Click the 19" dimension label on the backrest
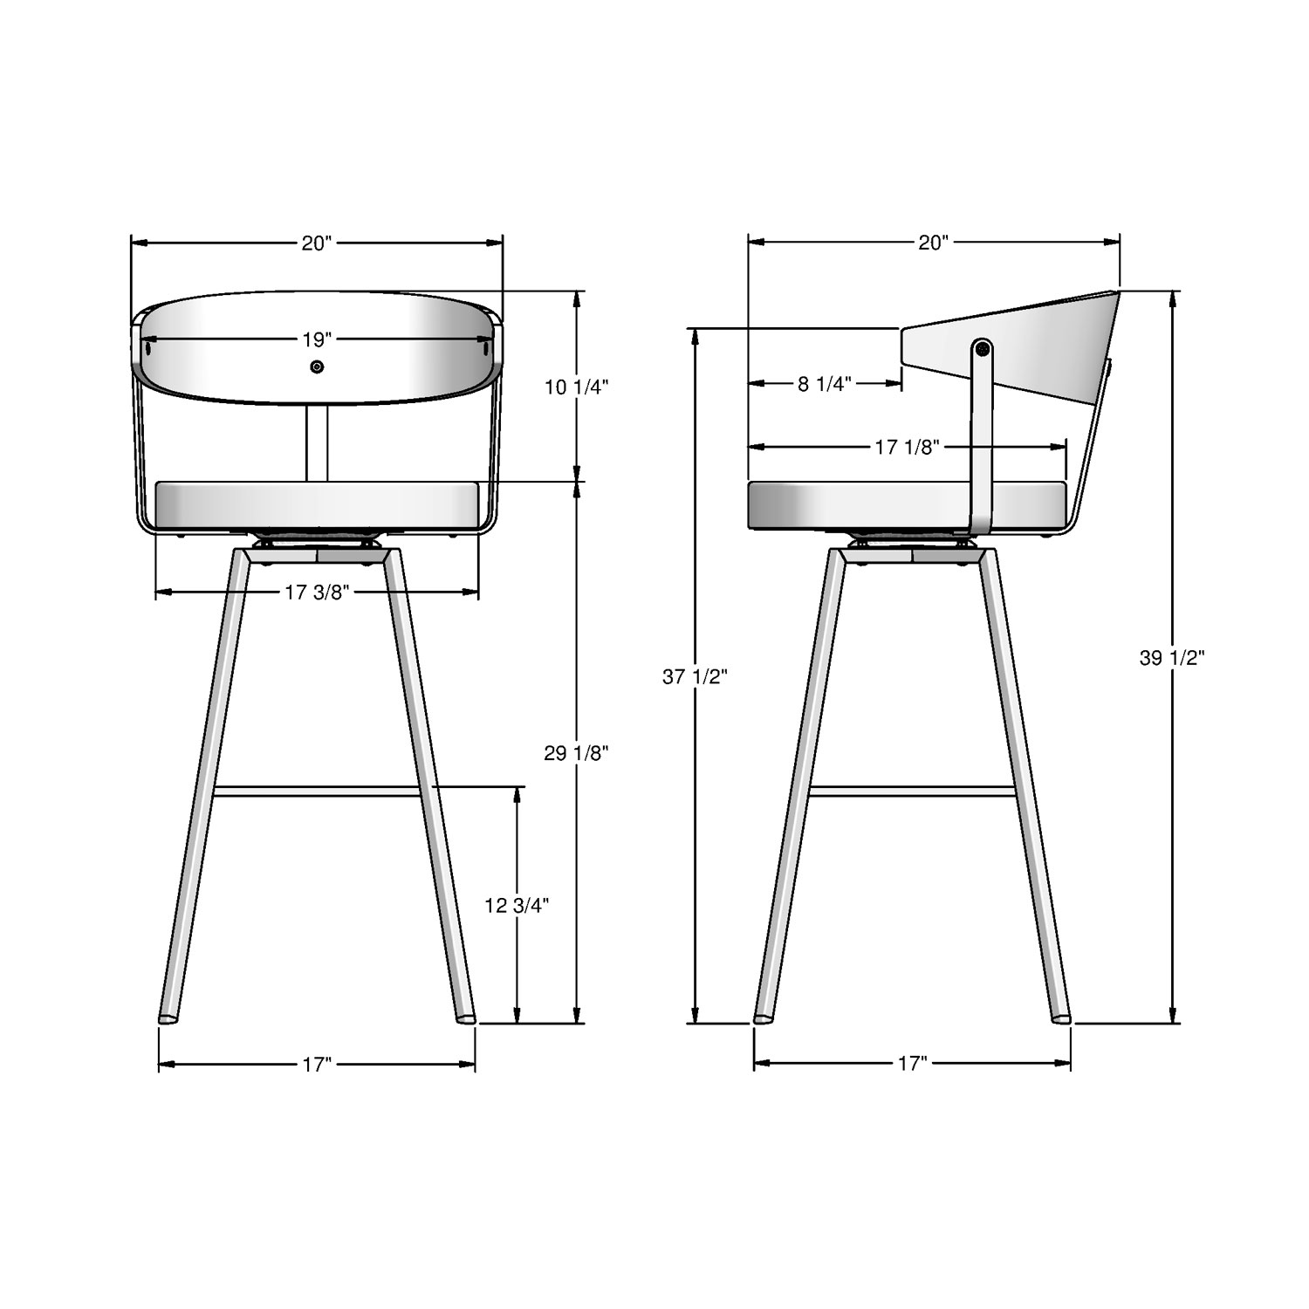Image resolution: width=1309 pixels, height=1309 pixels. tap(318, 339)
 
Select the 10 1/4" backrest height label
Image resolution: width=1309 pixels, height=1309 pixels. tap(577, 387)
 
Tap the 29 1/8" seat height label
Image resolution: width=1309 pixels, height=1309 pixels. tap(576, 753)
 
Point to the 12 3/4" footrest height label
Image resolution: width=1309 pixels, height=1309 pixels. tap(517, 906)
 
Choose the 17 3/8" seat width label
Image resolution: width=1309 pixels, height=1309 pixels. tap(318, 593)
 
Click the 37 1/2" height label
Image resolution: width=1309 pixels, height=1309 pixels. tap(695, 676)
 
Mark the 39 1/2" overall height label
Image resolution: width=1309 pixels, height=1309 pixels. tap(1172, 658)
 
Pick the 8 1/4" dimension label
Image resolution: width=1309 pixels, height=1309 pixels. tap(824, 384)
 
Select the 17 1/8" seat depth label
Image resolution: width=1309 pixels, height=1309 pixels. tap(907, 448)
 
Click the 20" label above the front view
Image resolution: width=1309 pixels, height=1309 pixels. tap(318, 243)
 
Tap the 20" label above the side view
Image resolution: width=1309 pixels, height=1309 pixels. tap(933, 243)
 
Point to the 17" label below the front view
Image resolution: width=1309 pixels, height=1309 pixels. tap(318, 1064)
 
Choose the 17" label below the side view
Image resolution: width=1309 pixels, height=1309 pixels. tap(912, 1064)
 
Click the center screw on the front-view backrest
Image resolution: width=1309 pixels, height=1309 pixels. tap(317, 367)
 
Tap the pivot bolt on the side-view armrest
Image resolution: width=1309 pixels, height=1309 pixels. tap(983, 348)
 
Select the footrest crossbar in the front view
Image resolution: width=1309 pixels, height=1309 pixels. tap(318, 792)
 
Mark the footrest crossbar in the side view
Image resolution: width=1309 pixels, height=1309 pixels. tap(912, 792)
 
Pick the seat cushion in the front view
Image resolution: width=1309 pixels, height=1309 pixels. tap(317, 504)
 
